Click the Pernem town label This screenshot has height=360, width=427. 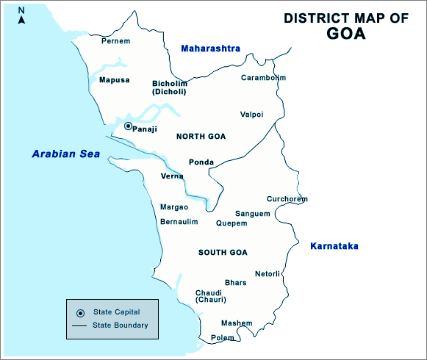pyautogui.click(x=115, y=41)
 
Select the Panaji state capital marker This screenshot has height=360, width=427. pyautogui.click(x=128, y=126)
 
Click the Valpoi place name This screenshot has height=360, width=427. pyautogui.click(x=251, y=114)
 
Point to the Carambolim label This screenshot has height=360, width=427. pyautogui.click(x=263, y=77)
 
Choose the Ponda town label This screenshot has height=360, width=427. pyautogui.click(x=201, y=162)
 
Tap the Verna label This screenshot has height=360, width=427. pyautogui.click(x=172, y=176)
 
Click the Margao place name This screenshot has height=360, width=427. pyautogui.click(x=174, y=206)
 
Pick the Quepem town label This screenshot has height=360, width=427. pyautogui.click(x=232, y=223)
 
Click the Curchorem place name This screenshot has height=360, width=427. pyautogui.click(x=287, y=199)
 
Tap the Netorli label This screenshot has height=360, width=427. pyautogui.click(x=268, y=274)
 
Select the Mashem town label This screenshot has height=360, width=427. pyautogui.click(x=237, y=323)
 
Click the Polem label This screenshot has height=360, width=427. pyautogui.click(x=222, y=338)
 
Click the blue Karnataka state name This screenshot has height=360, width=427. pyautogui.click(x=334, y=246)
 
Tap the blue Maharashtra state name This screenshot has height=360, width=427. pyautogui.click(x=210, y=48)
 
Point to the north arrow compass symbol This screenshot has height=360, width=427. pyautogui.click(x=21, y=15)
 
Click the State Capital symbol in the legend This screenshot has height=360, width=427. pyautogui.click(x=80, y=313)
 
